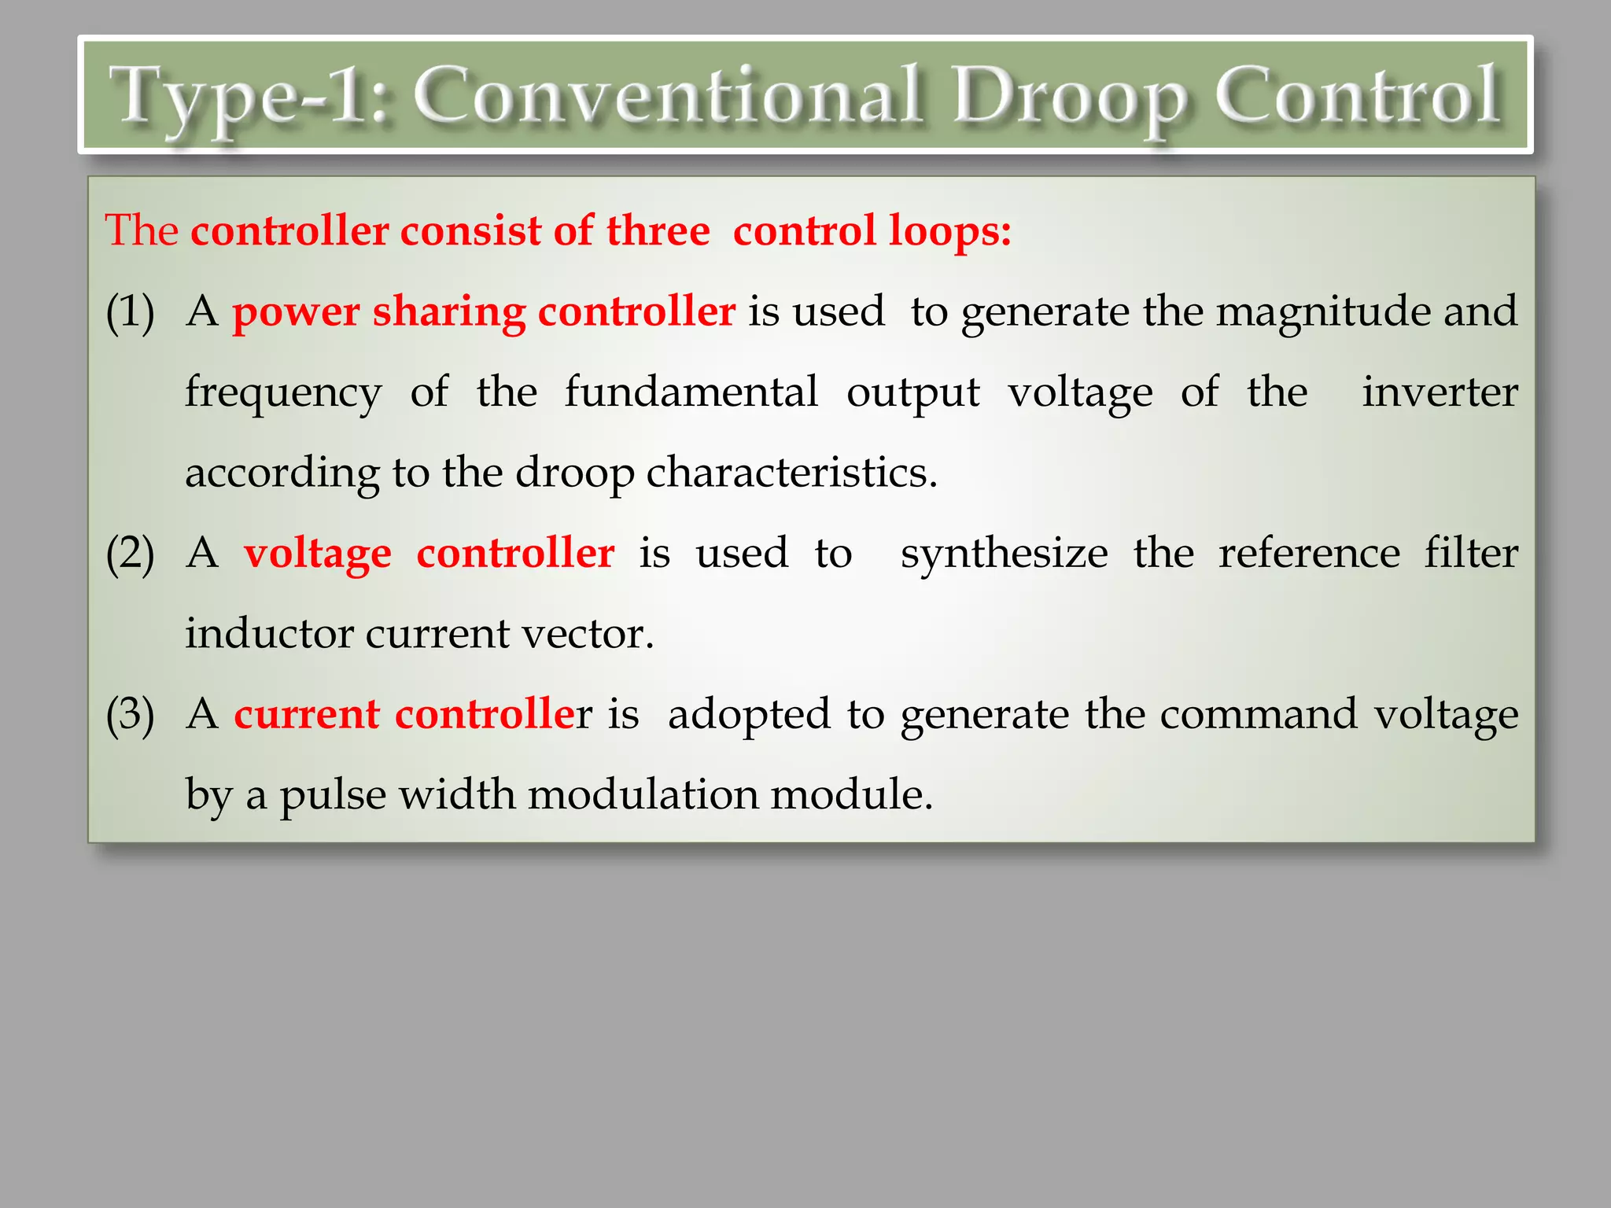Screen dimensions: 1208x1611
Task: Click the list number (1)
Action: click(x=131, y=311)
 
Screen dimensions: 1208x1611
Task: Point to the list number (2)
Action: click(x=131, y=554)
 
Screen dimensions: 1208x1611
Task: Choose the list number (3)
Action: click(x=131, y=715)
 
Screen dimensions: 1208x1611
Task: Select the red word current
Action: click(x=307, y=714)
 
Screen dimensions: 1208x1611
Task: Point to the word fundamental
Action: click(x=691, y=392)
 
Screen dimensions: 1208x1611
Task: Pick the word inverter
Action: click(x=1440, y=392)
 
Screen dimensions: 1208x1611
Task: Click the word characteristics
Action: click(x=791, y=473)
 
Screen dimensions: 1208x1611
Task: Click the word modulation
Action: click(x=642, y=794)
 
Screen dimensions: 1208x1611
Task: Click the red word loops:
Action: click(x=949, y=232)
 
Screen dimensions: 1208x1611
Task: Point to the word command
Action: click(x=1259, y=714)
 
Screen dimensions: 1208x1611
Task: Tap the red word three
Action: click(x=658, y=231)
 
